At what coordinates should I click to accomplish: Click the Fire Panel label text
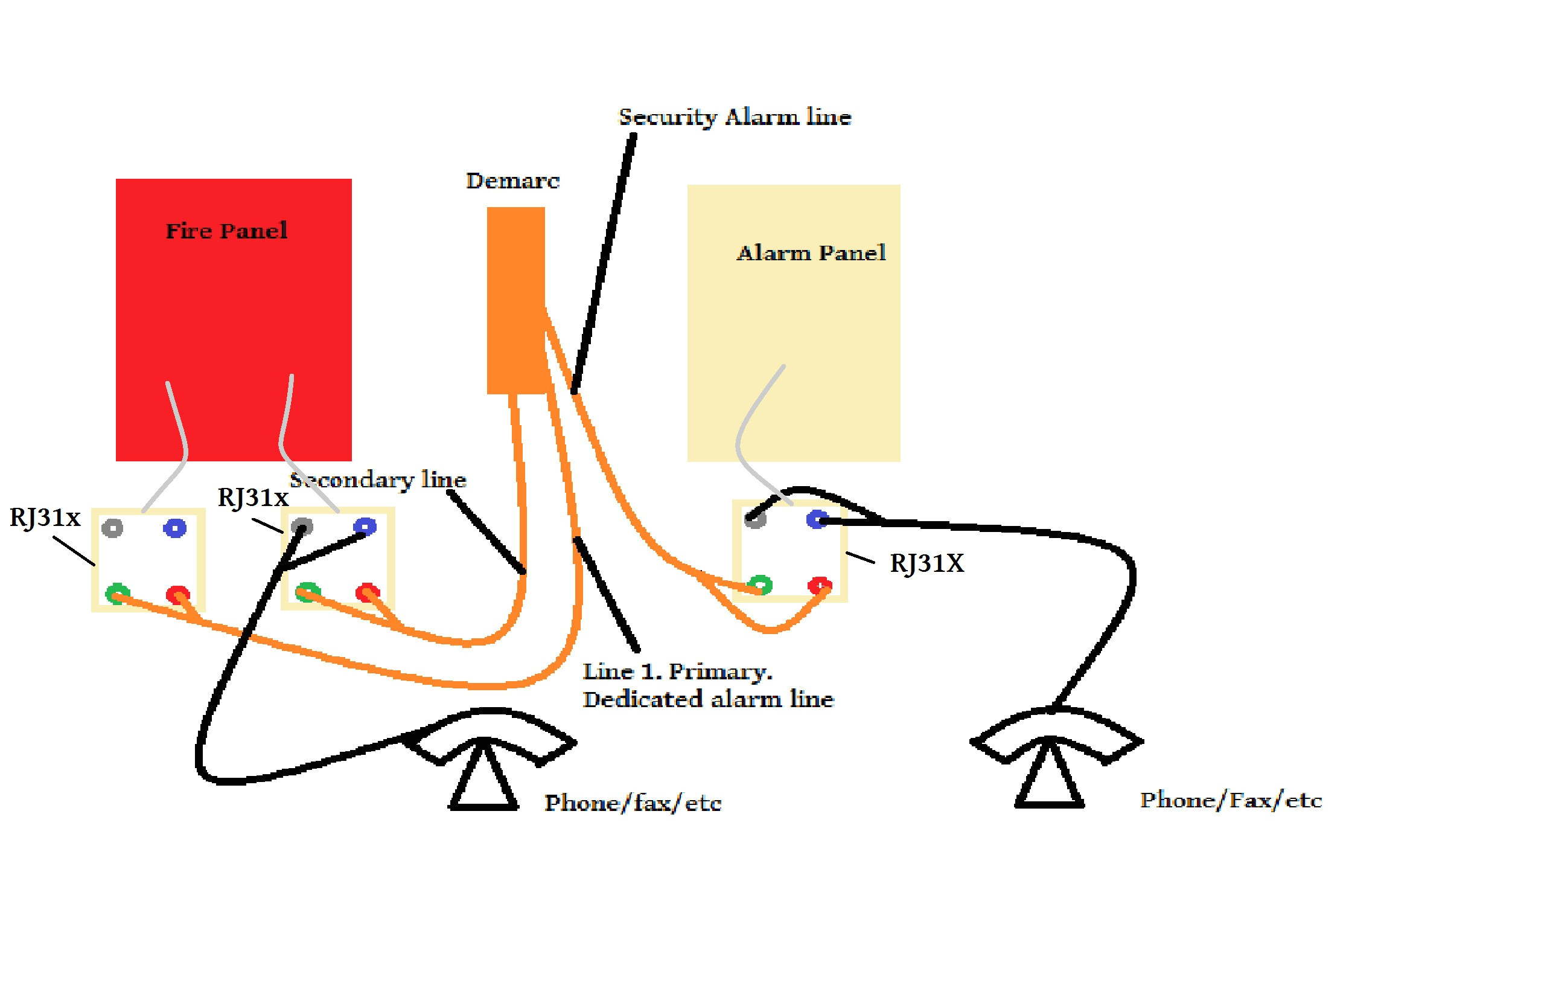(226, 231)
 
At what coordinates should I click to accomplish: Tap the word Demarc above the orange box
(512, 181)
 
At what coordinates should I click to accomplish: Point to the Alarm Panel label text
(811, 252)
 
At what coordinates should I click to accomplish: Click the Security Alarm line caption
(734, 118)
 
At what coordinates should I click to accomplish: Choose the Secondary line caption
(378, 481)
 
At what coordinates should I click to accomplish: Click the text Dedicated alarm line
(707, 699)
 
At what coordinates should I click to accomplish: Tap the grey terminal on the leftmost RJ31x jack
(113, 528)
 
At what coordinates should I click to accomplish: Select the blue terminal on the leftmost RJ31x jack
(174, 528)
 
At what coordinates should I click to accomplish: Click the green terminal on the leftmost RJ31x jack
(117, 594)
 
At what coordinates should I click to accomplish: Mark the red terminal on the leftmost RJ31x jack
(177, 594)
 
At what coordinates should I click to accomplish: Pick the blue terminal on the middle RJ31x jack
(364, 526)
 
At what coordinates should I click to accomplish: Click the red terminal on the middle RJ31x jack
(368, 592)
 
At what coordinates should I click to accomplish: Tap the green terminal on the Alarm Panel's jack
(760, 585)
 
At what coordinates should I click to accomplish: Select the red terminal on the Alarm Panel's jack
(819, 585)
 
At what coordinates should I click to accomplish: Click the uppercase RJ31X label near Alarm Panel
(926, 563)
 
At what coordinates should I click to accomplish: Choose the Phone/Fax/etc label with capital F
(1230, 800)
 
